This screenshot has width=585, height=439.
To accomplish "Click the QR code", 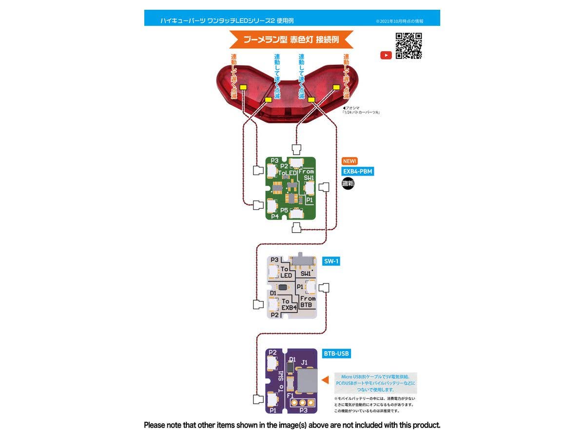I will pos(409,46).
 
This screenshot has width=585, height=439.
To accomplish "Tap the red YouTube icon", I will pos(386,55).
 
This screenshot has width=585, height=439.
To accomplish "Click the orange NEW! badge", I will pos(350,161).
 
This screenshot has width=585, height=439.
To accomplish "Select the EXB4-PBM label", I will pos(358,171).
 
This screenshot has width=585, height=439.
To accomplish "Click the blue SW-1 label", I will pos(331,261).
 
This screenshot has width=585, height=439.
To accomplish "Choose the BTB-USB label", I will pos(336,353).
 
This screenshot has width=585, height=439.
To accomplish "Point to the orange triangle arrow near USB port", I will pos(325,379).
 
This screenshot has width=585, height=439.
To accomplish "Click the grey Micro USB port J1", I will pos(306,381).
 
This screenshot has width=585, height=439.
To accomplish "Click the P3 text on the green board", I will pos(274,160).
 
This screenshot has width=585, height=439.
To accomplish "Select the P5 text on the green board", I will pos(284,210).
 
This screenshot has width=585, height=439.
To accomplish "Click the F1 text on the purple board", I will pos(290,396).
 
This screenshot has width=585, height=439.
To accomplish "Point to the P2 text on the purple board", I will pos(273,352).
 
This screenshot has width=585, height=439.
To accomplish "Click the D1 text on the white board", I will pos(273,293).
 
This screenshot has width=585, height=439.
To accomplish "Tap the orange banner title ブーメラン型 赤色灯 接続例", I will pos(291,40).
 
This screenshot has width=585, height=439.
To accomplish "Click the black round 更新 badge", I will pos(348,184).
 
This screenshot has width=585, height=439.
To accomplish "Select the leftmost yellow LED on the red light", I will pos(243,87).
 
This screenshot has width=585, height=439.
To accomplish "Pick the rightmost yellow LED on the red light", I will pos(336,87).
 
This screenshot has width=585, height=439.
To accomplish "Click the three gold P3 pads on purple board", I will pos(302,403).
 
